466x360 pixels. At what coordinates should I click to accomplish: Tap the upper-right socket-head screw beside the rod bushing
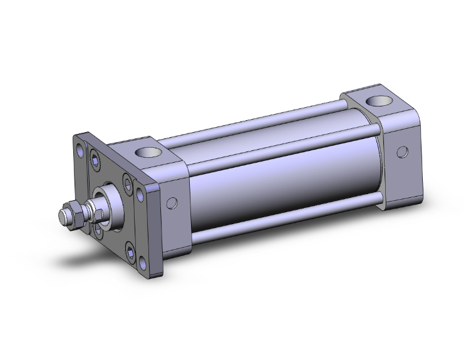pos(128,183)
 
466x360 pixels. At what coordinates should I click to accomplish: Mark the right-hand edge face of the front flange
pos(156,225)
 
